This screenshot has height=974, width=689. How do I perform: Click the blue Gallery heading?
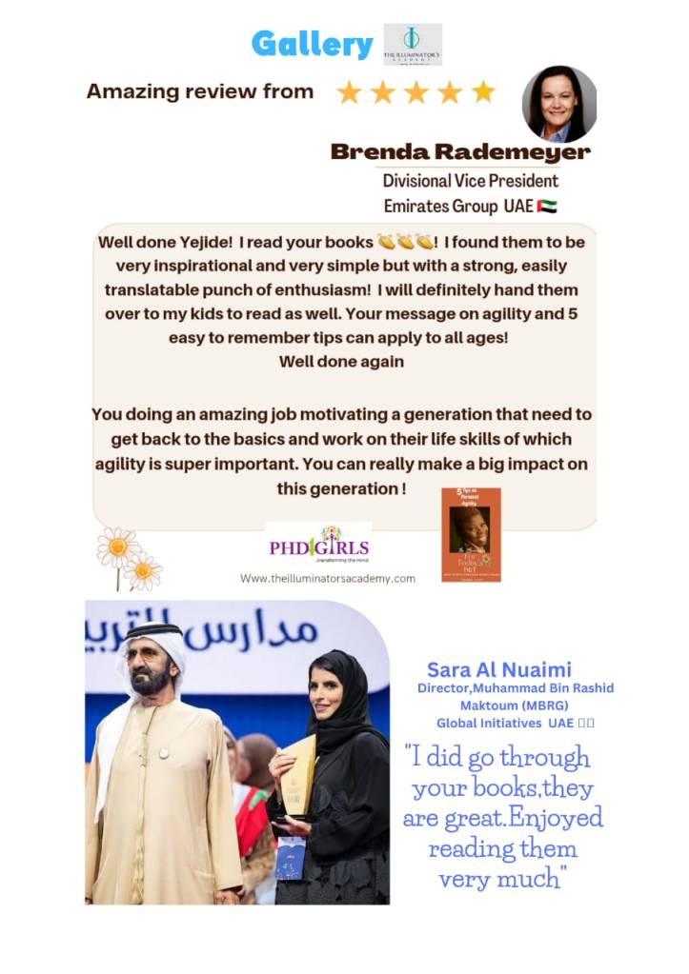[312, 44]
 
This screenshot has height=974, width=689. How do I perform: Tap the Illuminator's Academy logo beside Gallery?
[412, 44]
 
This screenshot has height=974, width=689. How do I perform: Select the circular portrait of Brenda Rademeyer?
[559, 104]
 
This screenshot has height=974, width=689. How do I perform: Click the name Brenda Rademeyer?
[460, 152]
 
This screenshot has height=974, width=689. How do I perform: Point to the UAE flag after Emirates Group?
[547, 206]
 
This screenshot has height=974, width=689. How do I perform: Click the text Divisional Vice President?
[470, 181]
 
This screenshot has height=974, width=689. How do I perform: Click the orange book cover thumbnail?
[471, 534]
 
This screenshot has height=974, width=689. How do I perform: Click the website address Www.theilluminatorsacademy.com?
[327, 578]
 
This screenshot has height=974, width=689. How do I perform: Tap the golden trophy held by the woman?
[300, 775]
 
